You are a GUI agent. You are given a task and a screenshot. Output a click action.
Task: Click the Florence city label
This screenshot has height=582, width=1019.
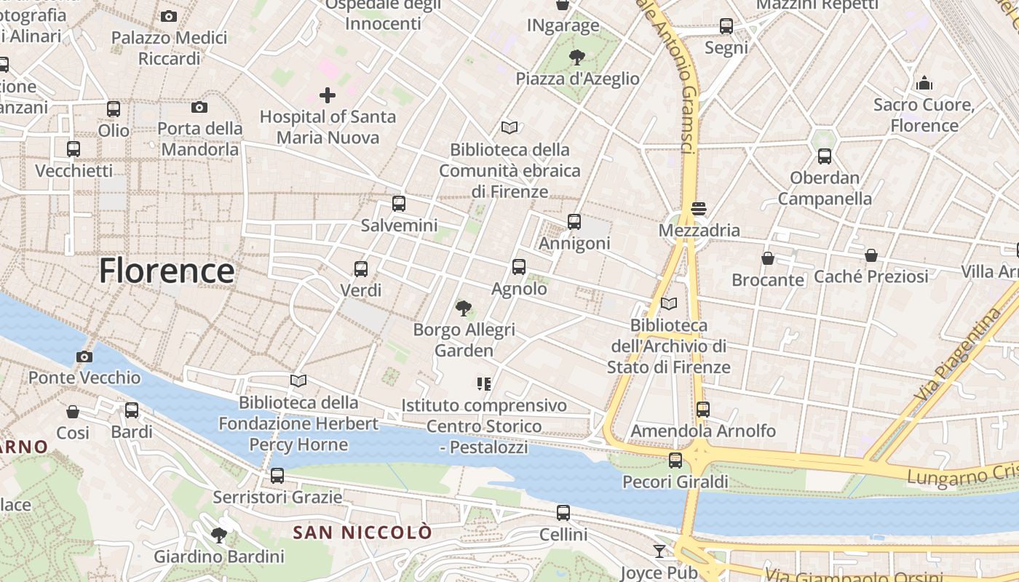[x=167, y=271]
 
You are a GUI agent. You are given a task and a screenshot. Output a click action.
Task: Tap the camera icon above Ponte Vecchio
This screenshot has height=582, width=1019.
[x=84, y=356]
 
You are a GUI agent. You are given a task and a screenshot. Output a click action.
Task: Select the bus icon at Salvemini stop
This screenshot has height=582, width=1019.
[x=399, y=204]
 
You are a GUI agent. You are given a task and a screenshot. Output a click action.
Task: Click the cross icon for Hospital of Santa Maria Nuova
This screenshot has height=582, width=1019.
[x=328, y=95]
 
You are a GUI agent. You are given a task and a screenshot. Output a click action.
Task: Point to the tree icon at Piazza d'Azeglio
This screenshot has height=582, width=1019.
[x=577, y=57]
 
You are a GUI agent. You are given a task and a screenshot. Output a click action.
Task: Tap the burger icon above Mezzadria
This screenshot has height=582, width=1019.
[x=699, y=209]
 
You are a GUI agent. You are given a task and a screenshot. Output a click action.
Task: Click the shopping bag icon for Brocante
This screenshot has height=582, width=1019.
[x=767, y=258]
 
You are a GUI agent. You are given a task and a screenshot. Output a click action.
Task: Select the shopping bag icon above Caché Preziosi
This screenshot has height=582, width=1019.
[x=871, y=255]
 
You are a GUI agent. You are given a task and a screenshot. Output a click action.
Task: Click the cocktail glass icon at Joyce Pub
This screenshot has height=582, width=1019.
[x=659, y=551]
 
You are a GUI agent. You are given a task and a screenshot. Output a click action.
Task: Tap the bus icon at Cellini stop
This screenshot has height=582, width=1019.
[x=563, y=513]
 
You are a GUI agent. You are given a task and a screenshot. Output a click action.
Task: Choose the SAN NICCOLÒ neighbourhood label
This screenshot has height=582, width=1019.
[x=362, y=533]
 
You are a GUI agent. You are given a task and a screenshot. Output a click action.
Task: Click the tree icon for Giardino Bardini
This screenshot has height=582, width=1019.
[x=218, y=536]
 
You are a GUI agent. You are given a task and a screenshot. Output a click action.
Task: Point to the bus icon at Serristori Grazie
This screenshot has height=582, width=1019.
[x=277, y=476]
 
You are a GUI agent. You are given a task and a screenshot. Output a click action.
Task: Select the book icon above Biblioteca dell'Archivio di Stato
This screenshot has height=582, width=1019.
[x=668, y=303]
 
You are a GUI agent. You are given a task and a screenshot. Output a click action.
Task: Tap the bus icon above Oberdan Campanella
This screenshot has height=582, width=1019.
[x=825, y=156]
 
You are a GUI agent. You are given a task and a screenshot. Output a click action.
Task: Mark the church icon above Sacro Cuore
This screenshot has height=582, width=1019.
[x=924, y=83]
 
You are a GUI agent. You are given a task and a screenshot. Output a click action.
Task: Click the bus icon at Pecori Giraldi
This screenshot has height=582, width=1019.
[x=675, y=460]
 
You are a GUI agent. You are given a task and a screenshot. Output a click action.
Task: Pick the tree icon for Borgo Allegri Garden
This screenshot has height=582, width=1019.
[x=463, y=308]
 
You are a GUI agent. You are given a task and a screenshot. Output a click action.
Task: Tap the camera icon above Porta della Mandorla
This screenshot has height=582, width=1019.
[x=199, y=108]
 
